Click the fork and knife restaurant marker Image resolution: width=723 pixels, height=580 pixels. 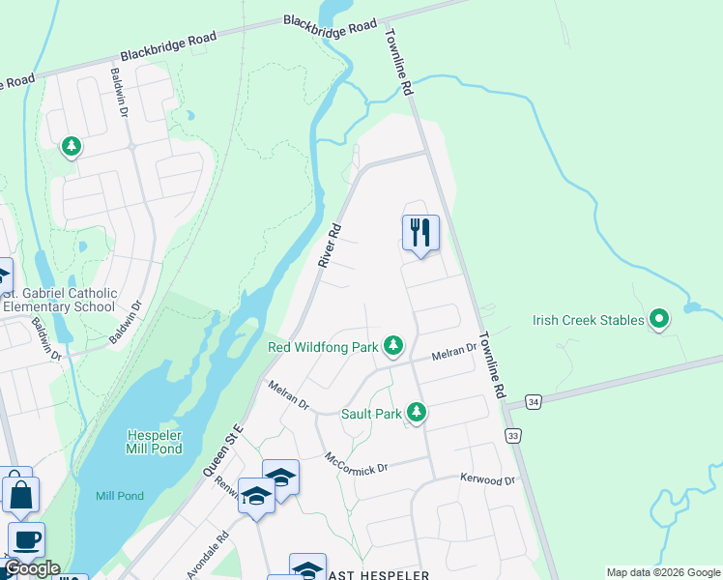coord(420,233)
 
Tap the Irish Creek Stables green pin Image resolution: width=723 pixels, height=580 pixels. coord(659,318)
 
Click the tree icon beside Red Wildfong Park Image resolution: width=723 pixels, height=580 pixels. coord(392,345)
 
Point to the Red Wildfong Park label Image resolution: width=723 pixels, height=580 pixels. coord(322,346)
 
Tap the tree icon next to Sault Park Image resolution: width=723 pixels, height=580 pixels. coord(417,413)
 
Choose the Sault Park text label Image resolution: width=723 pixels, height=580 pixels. coord(371,414)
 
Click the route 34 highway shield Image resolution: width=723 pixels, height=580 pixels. coord(533,400)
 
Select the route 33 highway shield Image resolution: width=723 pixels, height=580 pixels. coord(513,436)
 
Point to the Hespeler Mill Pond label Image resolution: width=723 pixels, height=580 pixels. coord(155,442)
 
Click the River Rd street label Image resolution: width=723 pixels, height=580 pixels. coord(331,246)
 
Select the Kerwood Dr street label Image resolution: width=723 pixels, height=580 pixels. coord(488,479)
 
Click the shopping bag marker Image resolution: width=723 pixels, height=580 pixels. coord(20,495)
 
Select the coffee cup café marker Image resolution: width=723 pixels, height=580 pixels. coord(27,539)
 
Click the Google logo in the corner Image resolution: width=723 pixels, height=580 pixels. coord(32,568)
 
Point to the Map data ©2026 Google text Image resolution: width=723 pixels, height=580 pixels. coord(662,572)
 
